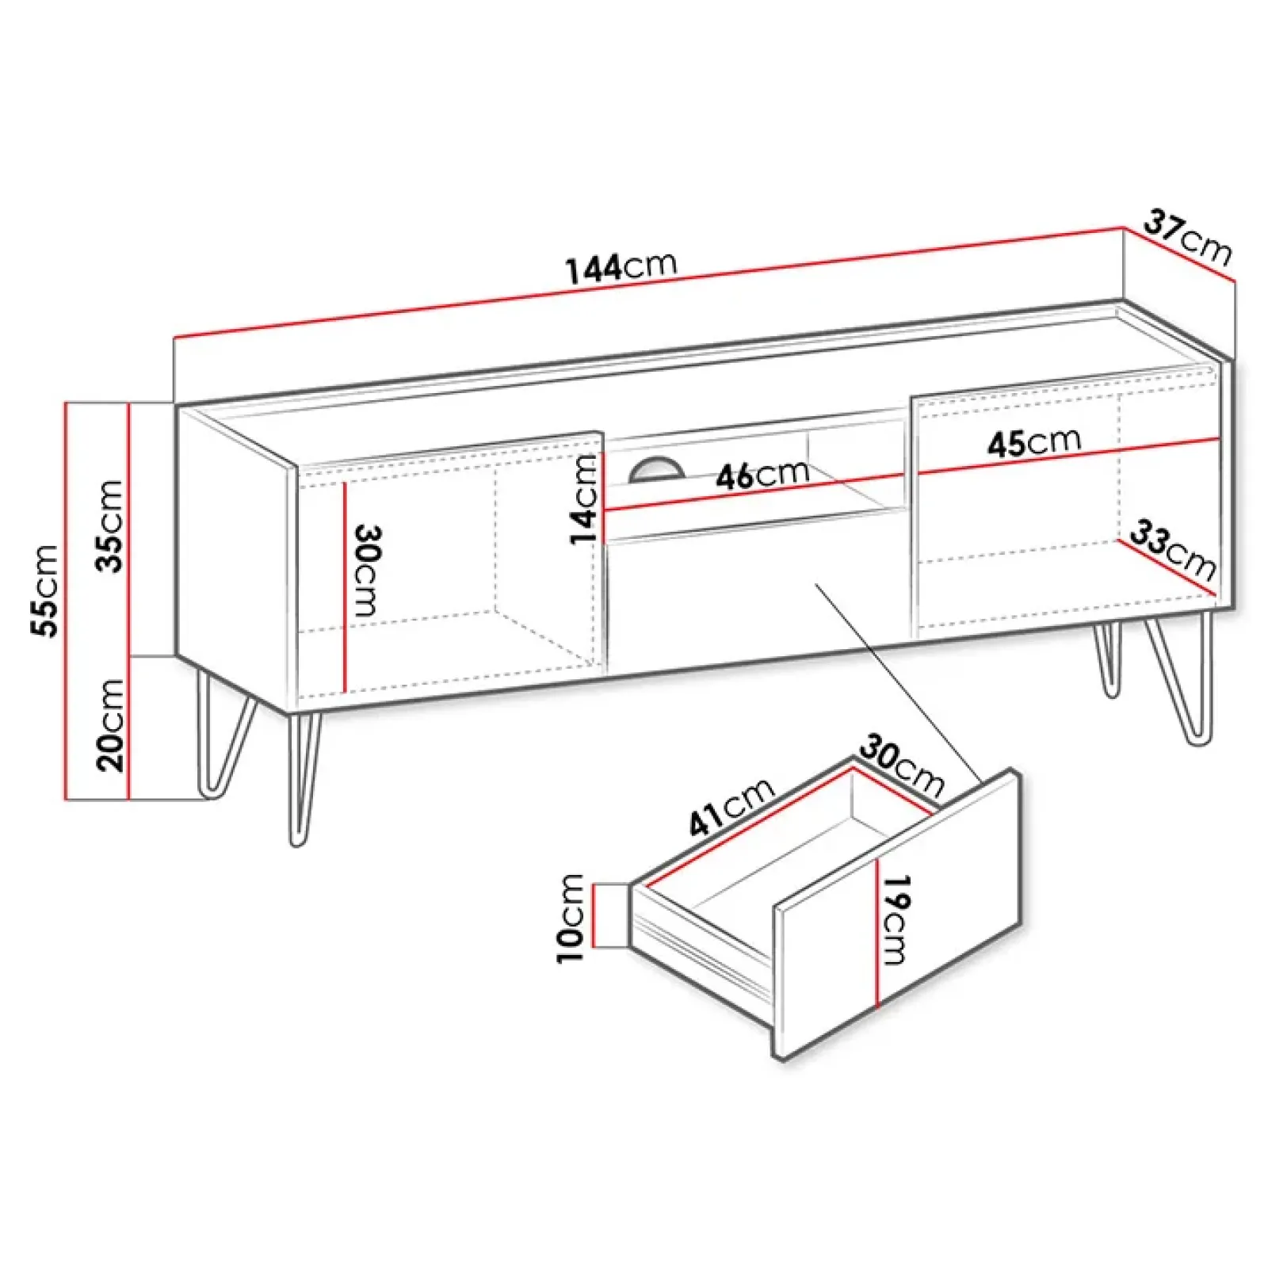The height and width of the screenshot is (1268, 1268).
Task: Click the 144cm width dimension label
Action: coord(621,267)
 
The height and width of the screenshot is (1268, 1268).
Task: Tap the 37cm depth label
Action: coord(1188,237)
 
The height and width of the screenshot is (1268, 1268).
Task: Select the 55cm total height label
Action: coord(44,590)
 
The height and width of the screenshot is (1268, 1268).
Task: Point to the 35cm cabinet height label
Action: coord(109,525)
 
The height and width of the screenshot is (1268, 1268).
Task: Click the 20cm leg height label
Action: coord(109,725)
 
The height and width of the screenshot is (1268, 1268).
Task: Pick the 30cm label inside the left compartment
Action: coord(365,570)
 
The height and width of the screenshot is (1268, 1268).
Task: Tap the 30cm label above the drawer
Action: coord(903,766)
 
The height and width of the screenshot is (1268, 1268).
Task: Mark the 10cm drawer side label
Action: coord(571,918)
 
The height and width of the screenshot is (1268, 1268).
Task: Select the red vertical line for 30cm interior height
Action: coord(346,586)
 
